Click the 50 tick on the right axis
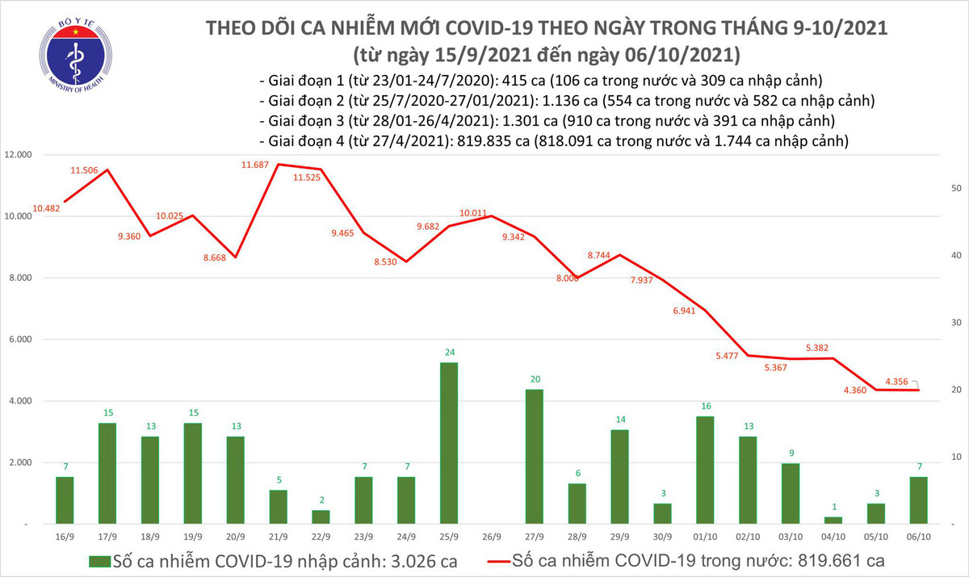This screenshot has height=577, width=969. (x=955, y=188)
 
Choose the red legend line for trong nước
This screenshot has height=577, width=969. (x=511, y=560)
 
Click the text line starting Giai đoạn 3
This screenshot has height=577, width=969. (x=547, y=121)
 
